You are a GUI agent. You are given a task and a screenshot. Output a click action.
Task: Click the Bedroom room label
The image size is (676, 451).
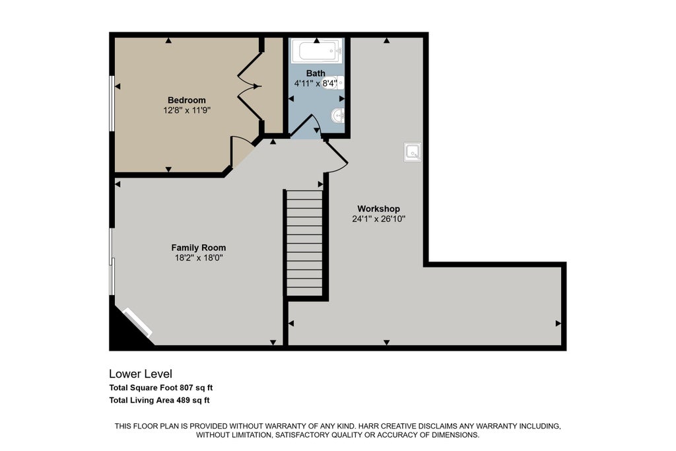tap(187, 100)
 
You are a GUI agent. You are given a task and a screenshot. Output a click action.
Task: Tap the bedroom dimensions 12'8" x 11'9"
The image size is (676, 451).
tap(187, 110)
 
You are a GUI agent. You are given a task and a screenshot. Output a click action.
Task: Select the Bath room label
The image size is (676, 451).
tap(316, 73)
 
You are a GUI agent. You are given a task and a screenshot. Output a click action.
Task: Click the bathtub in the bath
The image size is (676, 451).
tap(317, 51)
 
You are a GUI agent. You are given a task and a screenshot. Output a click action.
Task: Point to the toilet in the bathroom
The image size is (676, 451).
tap(337, 82)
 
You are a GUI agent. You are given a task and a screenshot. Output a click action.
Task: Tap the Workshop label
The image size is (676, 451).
tap(378, 209)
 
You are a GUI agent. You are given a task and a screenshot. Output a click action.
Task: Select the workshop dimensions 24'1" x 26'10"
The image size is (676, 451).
tap(378, 219)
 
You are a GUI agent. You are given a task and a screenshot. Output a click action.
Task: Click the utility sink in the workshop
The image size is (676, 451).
tap(413, 152)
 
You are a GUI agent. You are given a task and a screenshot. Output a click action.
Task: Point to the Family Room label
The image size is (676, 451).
tap(198, 248)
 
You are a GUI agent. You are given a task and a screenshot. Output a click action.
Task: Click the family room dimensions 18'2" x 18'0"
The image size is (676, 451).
tap(198, 258)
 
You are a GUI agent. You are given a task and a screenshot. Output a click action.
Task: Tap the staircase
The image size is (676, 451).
tap(304, 243)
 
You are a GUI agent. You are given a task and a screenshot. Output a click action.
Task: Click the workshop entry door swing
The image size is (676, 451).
tap(337, 156)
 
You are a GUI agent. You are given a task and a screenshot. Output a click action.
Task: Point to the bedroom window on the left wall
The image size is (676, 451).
tap(111, 104)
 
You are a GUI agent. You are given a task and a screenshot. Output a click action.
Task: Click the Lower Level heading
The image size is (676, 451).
tap(141, 374)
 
